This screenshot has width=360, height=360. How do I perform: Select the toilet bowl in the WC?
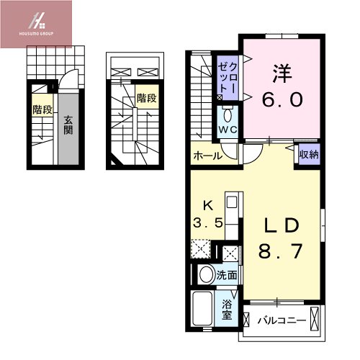click(x=228, y=116)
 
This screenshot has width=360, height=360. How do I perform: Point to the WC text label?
click(x=228, y=130)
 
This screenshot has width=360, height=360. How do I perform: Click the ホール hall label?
click(x=206, y=154)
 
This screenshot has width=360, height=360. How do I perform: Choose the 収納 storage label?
click(x=309, y=153)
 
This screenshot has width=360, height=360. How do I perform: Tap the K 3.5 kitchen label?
click(x=207, y=214)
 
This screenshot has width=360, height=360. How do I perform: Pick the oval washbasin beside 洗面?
click(x=207, y=274)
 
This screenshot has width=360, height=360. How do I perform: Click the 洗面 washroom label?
click(x=226, y=274)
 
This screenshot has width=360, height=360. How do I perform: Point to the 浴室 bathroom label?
click(x=227, y=309)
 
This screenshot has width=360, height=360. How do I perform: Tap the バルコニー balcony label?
click(x=283, y=318)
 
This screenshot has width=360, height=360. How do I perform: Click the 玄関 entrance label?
click(x=68, y=125)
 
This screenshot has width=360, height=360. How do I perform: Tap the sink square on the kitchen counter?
click(x=232, y=204)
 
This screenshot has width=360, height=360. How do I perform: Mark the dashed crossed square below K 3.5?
click(x=202, y=250)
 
